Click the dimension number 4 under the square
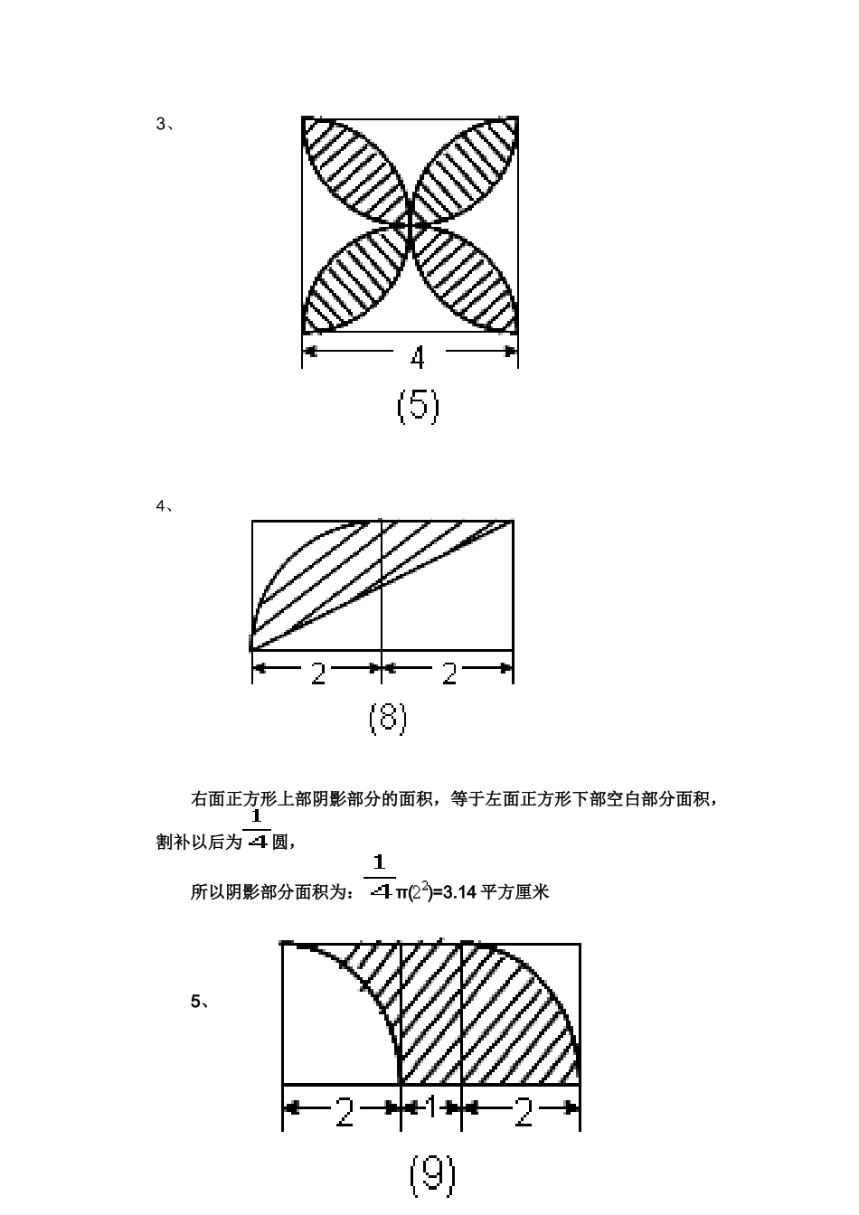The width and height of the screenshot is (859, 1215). [x=417, y=358]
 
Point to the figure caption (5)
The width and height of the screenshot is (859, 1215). [x=418, y=408]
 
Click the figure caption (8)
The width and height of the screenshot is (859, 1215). [x=387, y=719]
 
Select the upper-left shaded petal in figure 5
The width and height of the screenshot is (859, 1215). [x=355, y=171]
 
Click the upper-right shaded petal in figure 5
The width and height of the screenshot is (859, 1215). [x=466, y=171]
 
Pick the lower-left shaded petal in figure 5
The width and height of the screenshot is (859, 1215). [x=355, y=278]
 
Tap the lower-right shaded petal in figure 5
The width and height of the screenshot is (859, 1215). [x=466, y=278]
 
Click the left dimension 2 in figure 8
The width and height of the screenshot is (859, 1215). [x=318, y=674]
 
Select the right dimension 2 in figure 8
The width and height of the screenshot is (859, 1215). [x=449, y=674]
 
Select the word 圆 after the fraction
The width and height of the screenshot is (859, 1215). [x=280, y=842]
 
